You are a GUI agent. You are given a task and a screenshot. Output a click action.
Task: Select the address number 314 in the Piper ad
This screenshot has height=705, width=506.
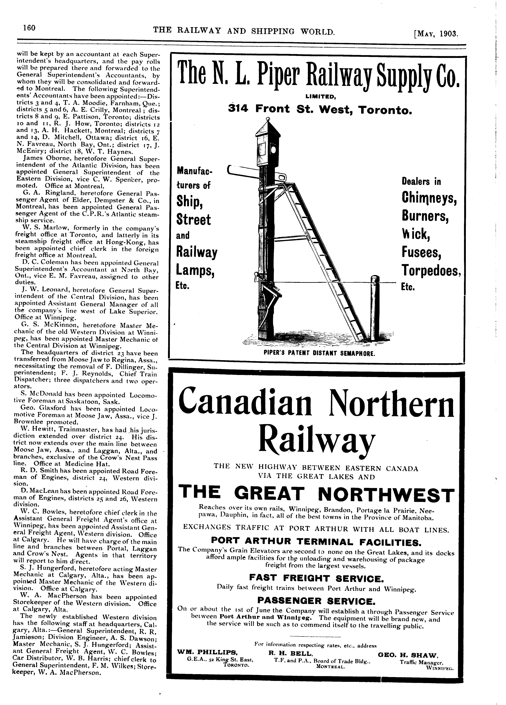click(x=238, y=109)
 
